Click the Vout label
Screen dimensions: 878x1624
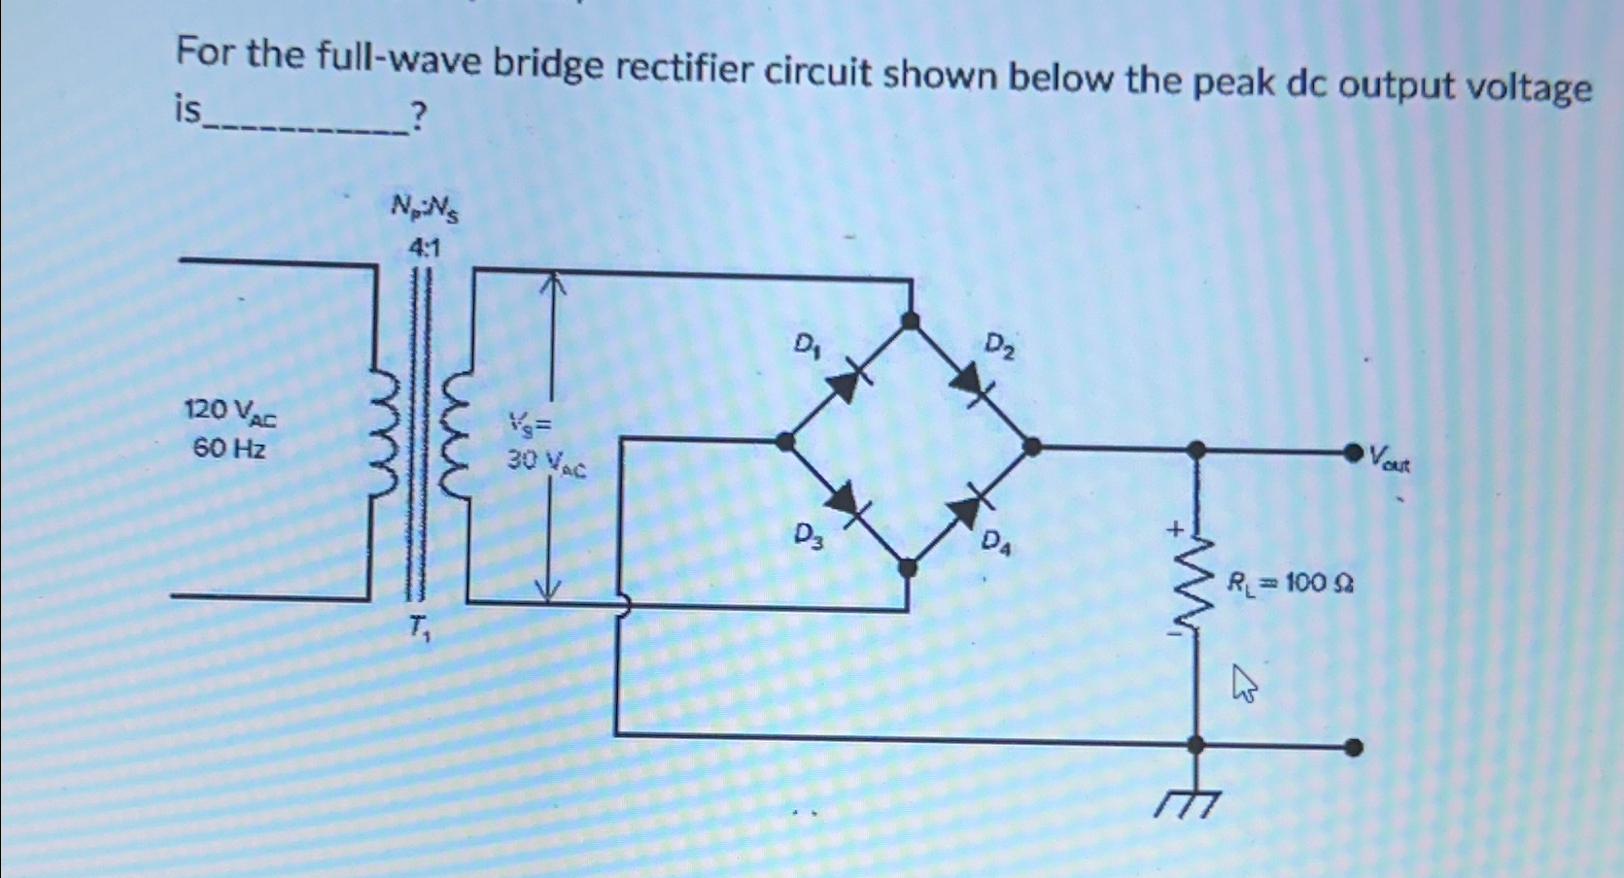pyautogui.click(x=1390, y=458)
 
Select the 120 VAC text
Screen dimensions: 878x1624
pyautogui.click(x=230, y=413)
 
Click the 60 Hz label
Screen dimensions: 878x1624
pyautogui.click(x=229, y=449)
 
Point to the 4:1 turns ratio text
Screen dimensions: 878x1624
pyautogui.click(x=425, y=249)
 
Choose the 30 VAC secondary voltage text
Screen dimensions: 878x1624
pyautogui.click(x=546, y=463)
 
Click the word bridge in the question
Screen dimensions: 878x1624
pyautogui.click(x=547, y=65)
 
